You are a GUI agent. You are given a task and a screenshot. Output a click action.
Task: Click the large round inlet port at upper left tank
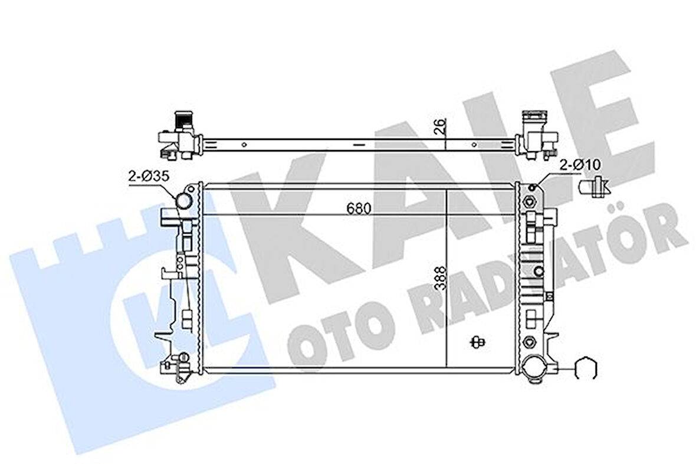click(x=184, y=201)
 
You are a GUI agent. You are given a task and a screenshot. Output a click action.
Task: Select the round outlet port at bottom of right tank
click(x=536, y=370)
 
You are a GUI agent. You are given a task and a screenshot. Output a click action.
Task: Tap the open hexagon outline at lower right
click(x=586, y=370)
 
